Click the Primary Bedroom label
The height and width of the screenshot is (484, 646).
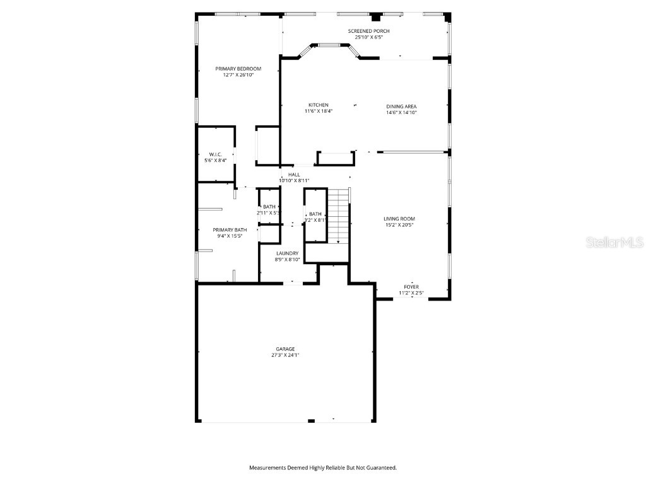(238, 69)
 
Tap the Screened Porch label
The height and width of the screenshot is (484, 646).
(368, 31)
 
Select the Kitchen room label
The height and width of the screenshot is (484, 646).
(318, 105)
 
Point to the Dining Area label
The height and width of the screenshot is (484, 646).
(401, 107)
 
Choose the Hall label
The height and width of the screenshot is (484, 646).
(294, 175)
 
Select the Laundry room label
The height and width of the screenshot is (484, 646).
(287, 253)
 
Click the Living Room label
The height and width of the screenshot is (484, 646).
(399, 219)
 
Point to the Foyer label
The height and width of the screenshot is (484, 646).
(411, 287)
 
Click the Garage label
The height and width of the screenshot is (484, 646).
(285, 349)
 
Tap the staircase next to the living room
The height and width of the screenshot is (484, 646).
(338, 215)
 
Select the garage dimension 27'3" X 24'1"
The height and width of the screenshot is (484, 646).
(285, 355)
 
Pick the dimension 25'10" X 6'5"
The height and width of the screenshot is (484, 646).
(368, 37)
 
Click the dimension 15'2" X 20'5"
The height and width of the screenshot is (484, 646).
(399, 225)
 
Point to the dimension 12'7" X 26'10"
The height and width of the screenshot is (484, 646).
(238, 75)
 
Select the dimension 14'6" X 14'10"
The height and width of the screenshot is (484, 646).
(401, 113)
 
